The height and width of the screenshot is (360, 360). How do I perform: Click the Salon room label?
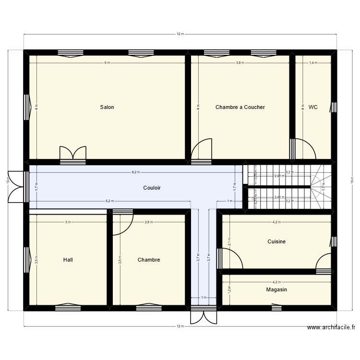coord(107,107)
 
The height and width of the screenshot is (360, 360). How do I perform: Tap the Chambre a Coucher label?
coord(240,107)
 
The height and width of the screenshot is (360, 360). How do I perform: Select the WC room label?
coord(313,107)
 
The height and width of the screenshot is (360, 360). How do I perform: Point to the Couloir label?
coord(152,188)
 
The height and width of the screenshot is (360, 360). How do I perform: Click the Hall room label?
coord(68,260)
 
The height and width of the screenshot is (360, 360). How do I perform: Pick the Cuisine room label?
coord(276,241)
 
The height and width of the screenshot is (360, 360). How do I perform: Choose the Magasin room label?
coord(276,289)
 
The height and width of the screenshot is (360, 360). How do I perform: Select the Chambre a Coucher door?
coord(202,150)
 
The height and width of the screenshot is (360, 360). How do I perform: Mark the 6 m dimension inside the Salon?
coord(107,63)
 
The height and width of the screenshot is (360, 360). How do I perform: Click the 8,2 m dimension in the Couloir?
coord(136,172)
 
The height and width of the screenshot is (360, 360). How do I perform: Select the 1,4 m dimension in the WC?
coord(313,63)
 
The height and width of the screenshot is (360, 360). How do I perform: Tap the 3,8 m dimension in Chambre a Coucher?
coord(240,63)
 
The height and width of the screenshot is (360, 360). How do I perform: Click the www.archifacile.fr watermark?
coord(332,327)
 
